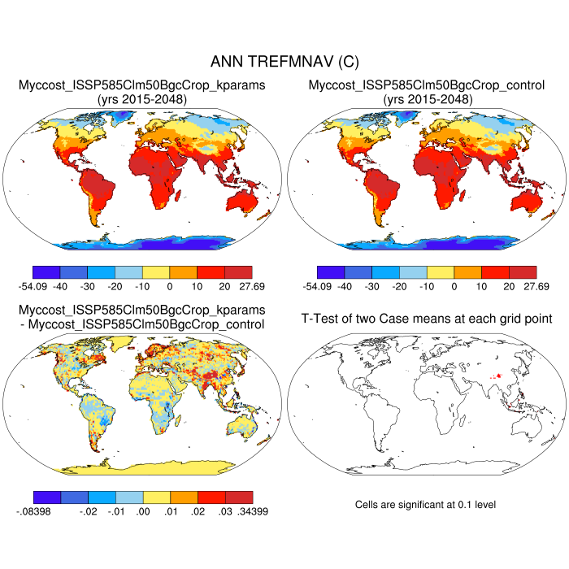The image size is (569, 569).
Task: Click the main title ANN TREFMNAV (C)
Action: pyautogui.click(x=284, y=62)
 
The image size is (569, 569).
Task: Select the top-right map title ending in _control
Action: pyautogui.click(x=427, y=85)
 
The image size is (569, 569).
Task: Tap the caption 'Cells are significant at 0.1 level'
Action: pyautogui.click(x=426, y=505)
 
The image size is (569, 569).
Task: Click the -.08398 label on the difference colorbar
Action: pyautogui.click(x=33, y=511)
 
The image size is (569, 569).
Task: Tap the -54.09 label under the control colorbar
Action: pyautogui.click(x=318, y=286)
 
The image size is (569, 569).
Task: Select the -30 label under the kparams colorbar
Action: pyautogui.click(x=88, y=286)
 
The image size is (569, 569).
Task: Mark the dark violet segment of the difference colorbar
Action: pyautogui.click(x=48, y=497)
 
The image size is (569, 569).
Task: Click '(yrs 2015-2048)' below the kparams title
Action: pyautogui.click(x=142, y=99)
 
